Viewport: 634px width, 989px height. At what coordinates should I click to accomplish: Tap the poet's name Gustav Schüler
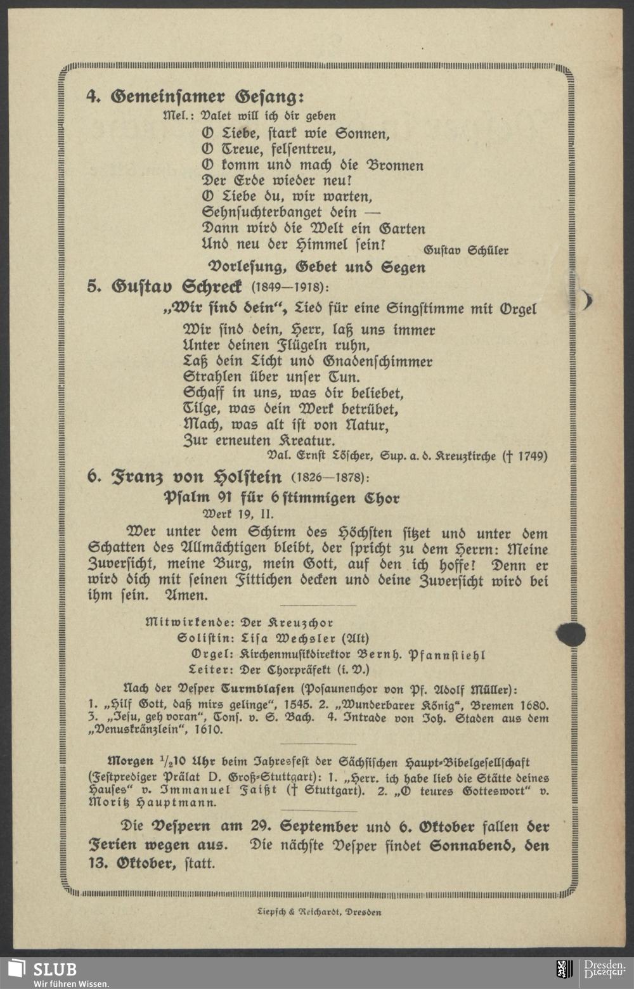click(466, 250)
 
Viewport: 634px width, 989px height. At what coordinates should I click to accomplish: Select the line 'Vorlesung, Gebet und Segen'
click(317, 267)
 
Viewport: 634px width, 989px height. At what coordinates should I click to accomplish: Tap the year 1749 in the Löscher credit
click(533, 456)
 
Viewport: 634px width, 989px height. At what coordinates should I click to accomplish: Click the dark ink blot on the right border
click(571, 633)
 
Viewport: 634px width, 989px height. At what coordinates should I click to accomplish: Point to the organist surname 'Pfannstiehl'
click(448, 654)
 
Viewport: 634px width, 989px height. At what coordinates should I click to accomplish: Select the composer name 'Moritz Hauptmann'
click(153, 803)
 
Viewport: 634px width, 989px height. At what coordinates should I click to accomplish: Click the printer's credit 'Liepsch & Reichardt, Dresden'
click(318, 912)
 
